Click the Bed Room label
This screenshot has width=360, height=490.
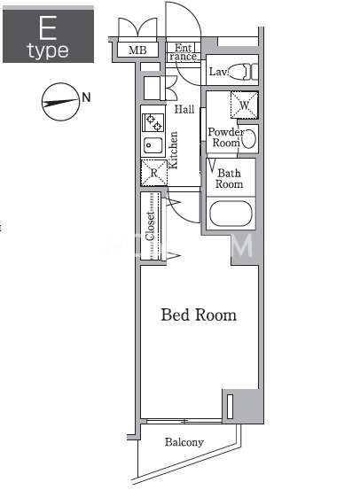pyautogui.click(x=199, y=315)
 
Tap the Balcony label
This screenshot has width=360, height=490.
pyautogui.click(x=184, y=442)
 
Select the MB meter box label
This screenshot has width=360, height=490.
pyautogui.click(x=137, y=50)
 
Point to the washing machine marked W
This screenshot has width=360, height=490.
pyautogui.click(x=244, y=105)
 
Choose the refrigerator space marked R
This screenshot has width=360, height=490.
pyautogui.click(x=154, y=173)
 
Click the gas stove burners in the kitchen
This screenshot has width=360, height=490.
pyautogui.click(x=153, y=122)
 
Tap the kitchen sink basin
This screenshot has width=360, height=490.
pyautogui.click(x=153, y=145)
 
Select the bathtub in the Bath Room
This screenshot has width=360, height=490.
pyautogui.click(x=231, y=214)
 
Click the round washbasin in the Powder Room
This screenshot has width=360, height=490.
pyautogui.click(x=249, y=138)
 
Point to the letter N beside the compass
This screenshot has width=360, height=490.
pyautogui.click(x=86, y=97)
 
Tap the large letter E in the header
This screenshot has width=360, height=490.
pyautogui.click(x=48, y=28)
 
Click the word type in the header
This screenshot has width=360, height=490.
pyautogui.click(x=48, y=51)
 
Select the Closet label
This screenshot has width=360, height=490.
pyautogui.click(x=150, y=226)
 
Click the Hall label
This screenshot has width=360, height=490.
pyautogui.click(x=184, y=109)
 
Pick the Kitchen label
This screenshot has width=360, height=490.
pyautogui.click(x=173, y=151)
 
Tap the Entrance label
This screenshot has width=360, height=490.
pyautogui.click(x=184, y=52)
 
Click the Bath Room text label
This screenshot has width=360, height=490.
pyautogui.click(x=230, y=178)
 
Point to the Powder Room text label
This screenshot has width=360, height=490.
pyautogui.click(x=226, y=137)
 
